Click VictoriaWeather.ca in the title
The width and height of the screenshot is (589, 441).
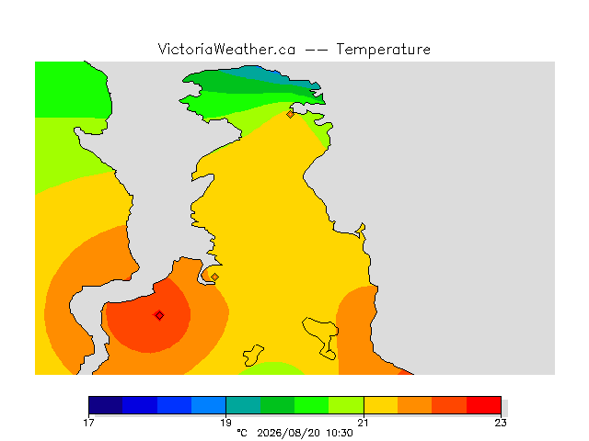tap(226, 49)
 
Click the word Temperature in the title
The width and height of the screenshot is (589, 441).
tap(383, 49)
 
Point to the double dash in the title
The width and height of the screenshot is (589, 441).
tap(316, 50)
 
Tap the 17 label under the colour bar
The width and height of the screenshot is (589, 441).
tap(88, 423)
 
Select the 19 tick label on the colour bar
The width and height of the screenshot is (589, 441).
tap(225, 423)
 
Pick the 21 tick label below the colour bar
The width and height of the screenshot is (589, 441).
tap(364, 423)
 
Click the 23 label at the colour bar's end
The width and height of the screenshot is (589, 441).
tap(501, 423)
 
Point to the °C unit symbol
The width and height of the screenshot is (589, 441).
tap(242, 433)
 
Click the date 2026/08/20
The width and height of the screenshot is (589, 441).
tap(288, 433)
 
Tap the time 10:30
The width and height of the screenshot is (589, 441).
tap(340, 433)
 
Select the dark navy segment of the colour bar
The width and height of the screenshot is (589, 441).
tap(106, 405)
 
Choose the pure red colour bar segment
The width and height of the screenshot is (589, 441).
tap(484, 405)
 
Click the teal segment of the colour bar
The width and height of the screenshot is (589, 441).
tap(243, 405)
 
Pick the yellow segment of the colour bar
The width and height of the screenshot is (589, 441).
tap(381, 405)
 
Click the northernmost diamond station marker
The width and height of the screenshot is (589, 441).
tap(290, 114)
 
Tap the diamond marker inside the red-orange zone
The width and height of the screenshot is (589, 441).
tap(159, 315)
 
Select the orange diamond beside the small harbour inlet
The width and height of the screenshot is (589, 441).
tap(214, 277)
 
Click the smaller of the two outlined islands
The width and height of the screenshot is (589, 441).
tap(253, 356)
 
